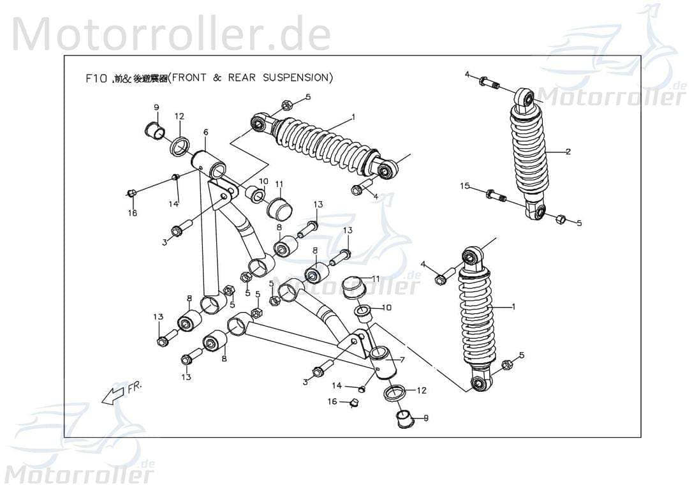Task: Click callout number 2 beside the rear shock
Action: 568,152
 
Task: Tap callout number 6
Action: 205,132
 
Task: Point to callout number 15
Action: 465,186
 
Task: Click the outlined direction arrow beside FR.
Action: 112,395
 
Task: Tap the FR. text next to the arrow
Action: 136,387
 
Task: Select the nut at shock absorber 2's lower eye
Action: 559,219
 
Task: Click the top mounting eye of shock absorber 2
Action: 526,97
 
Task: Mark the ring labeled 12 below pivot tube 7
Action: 395,394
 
